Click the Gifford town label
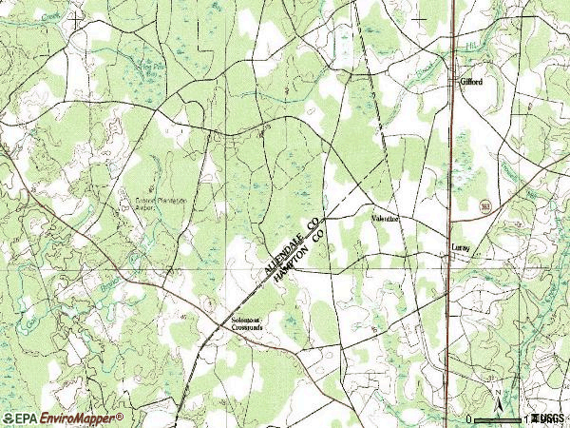[x=471, y=83]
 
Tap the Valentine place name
[x=386, y=219]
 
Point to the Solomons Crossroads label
[x=250, y=325]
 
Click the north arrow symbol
[x=495, y=394]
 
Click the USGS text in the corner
[x=548, y=418]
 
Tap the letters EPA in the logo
[x=21, y=418]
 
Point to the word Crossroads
[x=250, y=330]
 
